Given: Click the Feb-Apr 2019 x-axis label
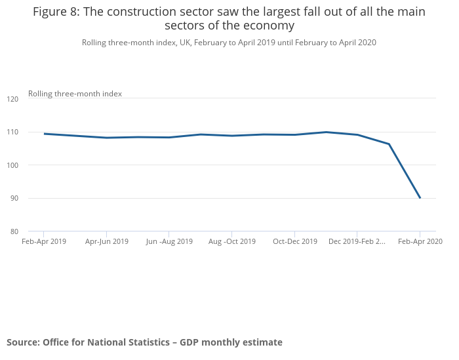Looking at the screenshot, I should (x=44, y=241).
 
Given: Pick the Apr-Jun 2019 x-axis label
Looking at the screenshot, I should (x=107, y=241).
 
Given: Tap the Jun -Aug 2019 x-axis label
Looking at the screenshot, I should (x=169, y=241).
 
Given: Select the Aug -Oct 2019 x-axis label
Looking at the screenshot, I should (x=232, y=241).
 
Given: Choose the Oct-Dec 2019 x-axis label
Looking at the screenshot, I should (x=295, y=241).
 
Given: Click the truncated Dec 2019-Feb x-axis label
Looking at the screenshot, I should (x=357, y=241).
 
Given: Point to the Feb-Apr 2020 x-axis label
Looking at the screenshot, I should (x=420, y=241).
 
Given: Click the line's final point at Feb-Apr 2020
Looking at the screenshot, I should (x=420, y=197).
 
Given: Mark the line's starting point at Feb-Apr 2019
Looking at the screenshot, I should (x=44, y=134).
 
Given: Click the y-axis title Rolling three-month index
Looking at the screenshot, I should (x=75, y=94).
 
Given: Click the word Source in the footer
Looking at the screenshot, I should (x=23, y=342).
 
